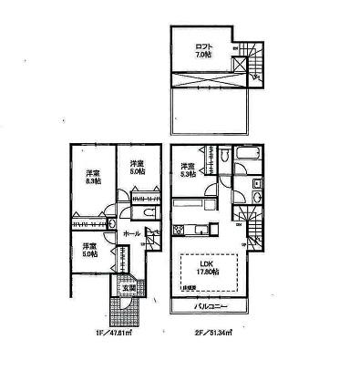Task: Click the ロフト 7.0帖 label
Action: coord(201,49)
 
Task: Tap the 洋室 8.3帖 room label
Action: coord(93,177)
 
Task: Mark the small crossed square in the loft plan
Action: coord(237,66)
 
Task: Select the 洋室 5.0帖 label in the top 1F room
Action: coord(137,169)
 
